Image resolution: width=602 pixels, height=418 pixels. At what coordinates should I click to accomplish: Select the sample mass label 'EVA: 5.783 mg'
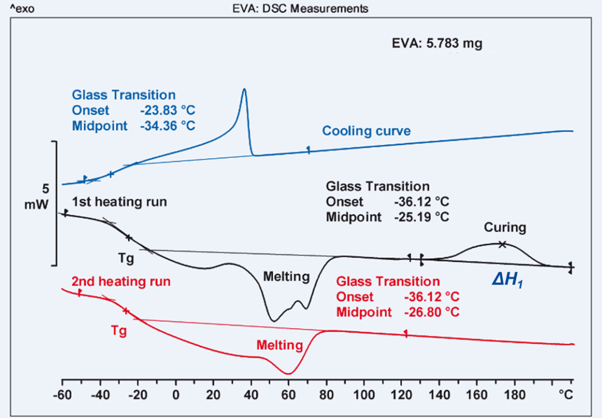click(x=435, y=44)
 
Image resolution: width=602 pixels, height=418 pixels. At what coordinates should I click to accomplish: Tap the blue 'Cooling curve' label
click(x=366, y=131)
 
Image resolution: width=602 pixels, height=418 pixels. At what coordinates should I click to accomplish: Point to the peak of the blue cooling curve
click(x=244, y=89)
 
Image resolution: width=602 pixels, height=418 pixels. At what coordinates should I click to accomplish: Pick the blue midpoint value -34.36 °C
click(x=168, y=125)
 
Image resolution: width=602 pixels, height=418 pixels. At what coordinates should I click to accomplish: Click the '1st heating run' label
click(x=119, y=201)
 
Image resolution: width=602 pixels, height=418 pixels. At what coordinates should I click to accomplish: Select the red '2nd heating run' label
click(x=120, y=281)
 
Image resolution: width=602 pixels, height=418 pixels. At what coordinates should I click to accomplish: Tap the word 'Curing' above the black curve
click(x=504, y=228)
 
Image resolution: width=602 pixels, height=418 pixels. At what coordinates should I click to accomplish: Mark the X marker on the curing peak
click(x=502, y=244)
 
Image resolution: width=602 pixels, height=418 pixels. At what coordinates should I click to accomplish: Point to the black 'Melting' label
click(x=287, y=276)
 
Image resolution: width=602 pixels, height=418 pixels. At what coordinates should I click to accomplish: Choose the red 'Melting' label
click(x=279, y=345)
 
